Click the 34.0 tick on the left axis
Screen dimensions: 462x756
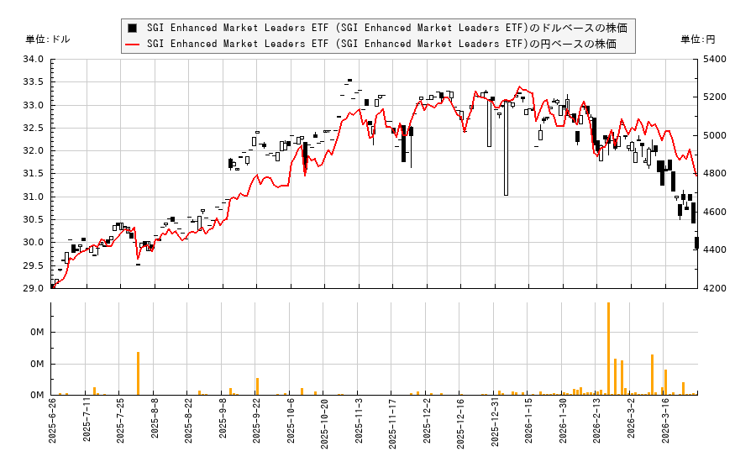point(34,59)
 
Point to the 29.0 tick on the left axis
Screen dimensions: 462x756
point(34,288)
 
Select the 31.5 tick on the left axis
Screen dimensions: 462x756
point(34,174)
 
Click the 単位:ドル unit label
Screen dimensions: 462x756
point(48,39)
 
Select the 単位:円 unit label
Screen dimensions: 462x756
point(698,39)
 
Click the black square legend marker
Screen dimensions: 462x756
point(132,28)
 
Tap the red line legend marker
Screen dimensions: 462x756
point(132,44)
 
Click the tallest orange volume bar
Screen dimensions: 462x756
point(608,349)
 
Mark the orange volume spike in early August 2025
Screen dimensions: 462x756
point(138,373)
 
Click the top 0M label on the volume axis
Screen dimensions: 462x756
point(37,333)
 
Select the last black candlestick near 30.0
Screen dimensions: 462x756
point(696,243)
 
